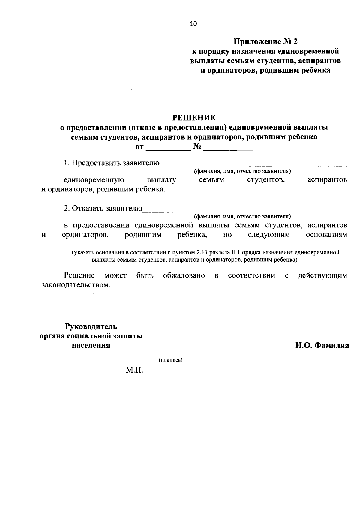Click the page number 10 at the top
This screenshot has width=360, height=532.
pos(193,24)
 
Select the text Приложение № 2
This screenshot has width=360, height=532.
pos(265,41)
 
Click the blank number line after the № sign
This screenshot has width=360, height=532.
pos(228,148)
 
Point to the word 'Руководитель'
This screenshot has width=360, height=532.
pos(91,326)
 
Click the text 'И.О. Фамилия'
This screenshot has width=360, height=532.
pos(322,345)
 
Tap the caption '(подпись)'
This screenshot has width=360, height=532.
pos(170,360)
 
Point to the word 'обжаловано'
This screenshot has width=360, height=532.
pos(184,275)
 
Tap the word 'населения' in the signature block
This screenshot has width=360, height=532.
pos(91,345)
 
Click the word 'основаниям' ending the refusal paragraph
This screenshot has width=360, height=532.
pos(326,235)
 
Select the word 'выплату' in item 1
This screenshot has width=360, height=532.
pos(162,180)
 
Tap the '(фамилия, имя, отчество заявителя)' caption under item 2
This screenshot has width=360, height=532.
pos(242,216)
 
